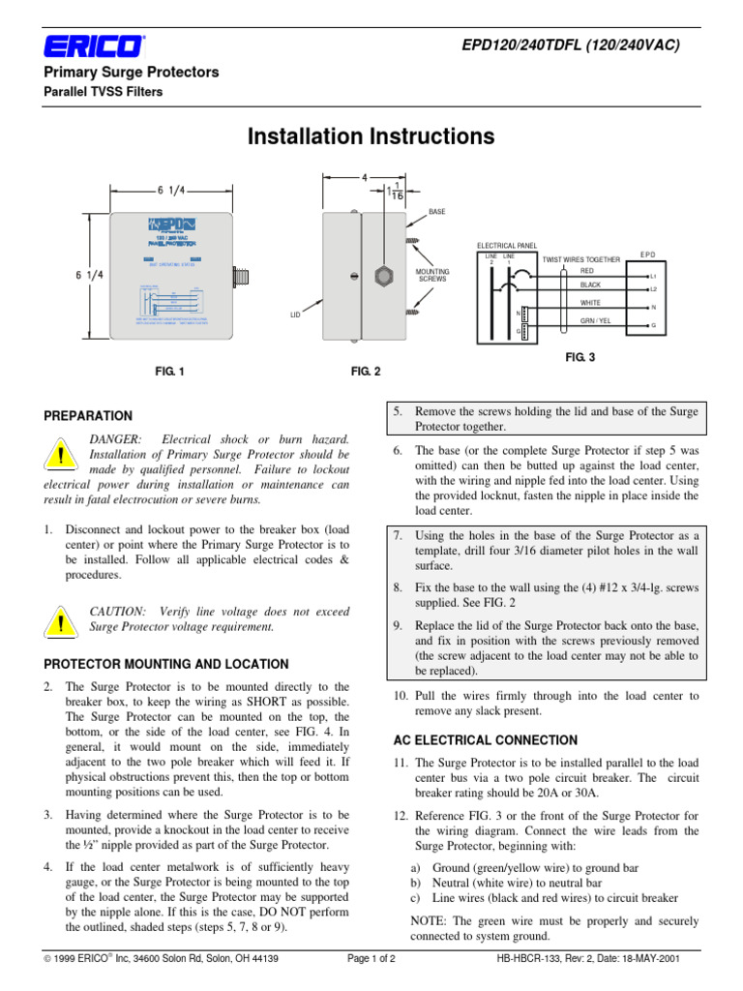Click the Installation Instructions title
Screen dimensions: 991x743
click(371, 136)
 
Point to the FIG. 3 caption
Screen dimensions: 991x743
click(580, 357)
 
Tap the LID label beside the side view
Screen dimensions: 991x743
click(297, 315)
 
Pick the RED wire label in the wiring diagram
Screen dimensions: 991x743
click(587, 272)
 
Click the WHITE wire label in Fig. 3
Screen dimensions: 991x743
click(590, 303)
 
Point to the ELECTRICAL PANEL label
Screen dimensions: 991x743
click(508, 247)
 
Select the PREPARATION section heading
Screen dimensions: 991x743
click(88, 416)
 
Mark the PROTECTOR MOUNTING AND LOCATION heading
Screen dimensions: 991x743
click(166, 664)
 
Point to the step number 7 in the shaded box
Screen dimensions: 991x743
click(398, 535)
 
